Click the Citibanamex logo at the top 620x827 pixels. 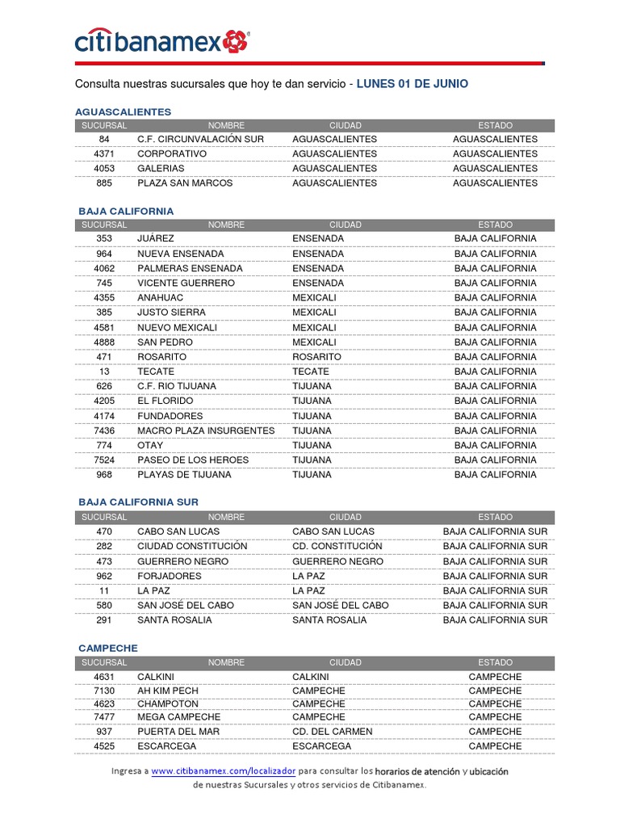(161, 42)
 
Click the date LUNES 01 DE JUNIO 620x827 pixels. (412, 84)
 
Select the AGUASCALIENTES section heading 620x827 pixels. (123, 111)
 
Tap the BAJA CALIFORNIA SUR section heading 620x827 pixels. (138, 502)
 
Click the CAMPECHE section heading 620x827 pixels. (108, 648)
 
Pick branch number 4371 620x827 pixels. (104, 153)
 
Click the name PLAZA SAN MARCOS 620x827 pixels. (185, 183)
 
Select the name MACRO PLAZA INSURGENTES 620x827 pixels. (206, 430)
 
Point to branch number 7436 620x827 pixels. (104, 430)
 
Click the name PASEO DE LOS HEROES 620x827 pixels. (193, 460)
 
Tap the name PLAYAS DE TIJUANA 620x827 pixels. (184, 474)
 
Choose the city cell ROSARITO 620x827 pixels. (316, 356)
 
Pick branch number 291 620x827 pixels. (104, 619)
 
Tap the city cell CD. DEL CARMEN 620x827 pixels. (333, 731)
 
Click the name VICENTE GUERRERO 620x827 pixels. (186, 283)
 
